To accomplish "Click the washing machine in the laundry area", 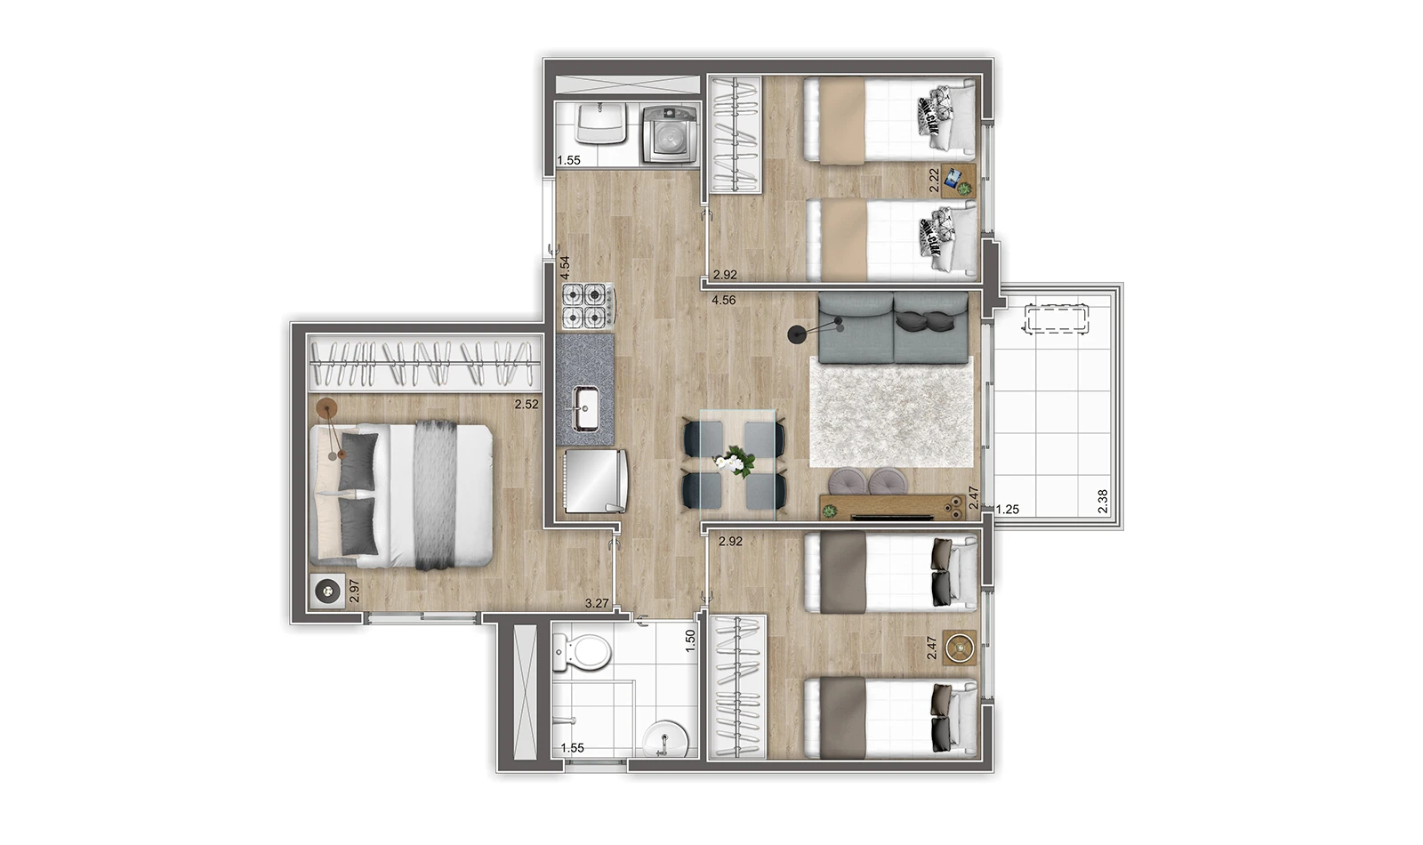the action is pos(670,134).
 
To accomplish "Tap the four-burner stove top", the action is pos(588,308).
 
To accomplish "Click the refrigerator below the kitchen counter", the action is pos(596,481).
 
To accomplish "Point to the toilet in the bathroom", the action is pos(581,653).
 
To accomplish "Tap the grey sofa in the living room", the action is pos(893,328).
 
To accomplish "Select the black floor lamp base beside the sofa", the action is pos(796,334).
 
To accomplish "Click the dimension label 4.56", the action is pos(724,301).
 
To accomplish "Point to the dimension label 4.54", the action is pos(565,268).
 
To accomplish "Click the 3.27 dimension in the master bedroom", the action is pos(597,604).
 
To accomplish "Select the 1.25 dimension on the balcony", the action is pos(1008,509).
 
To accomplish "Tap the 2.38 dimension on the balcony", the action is pos(1103,502).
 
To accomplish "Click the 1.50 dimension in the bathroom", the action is pos(690,641).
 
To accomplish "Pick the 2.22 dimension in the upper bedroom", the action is pos(934,181).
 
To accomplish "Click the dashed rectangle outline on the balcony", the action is pos(1055,318).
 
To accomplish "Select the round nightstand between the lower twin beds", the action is pos(960,648).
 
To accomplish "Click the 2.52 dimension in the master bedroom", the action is pos(527,404).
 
